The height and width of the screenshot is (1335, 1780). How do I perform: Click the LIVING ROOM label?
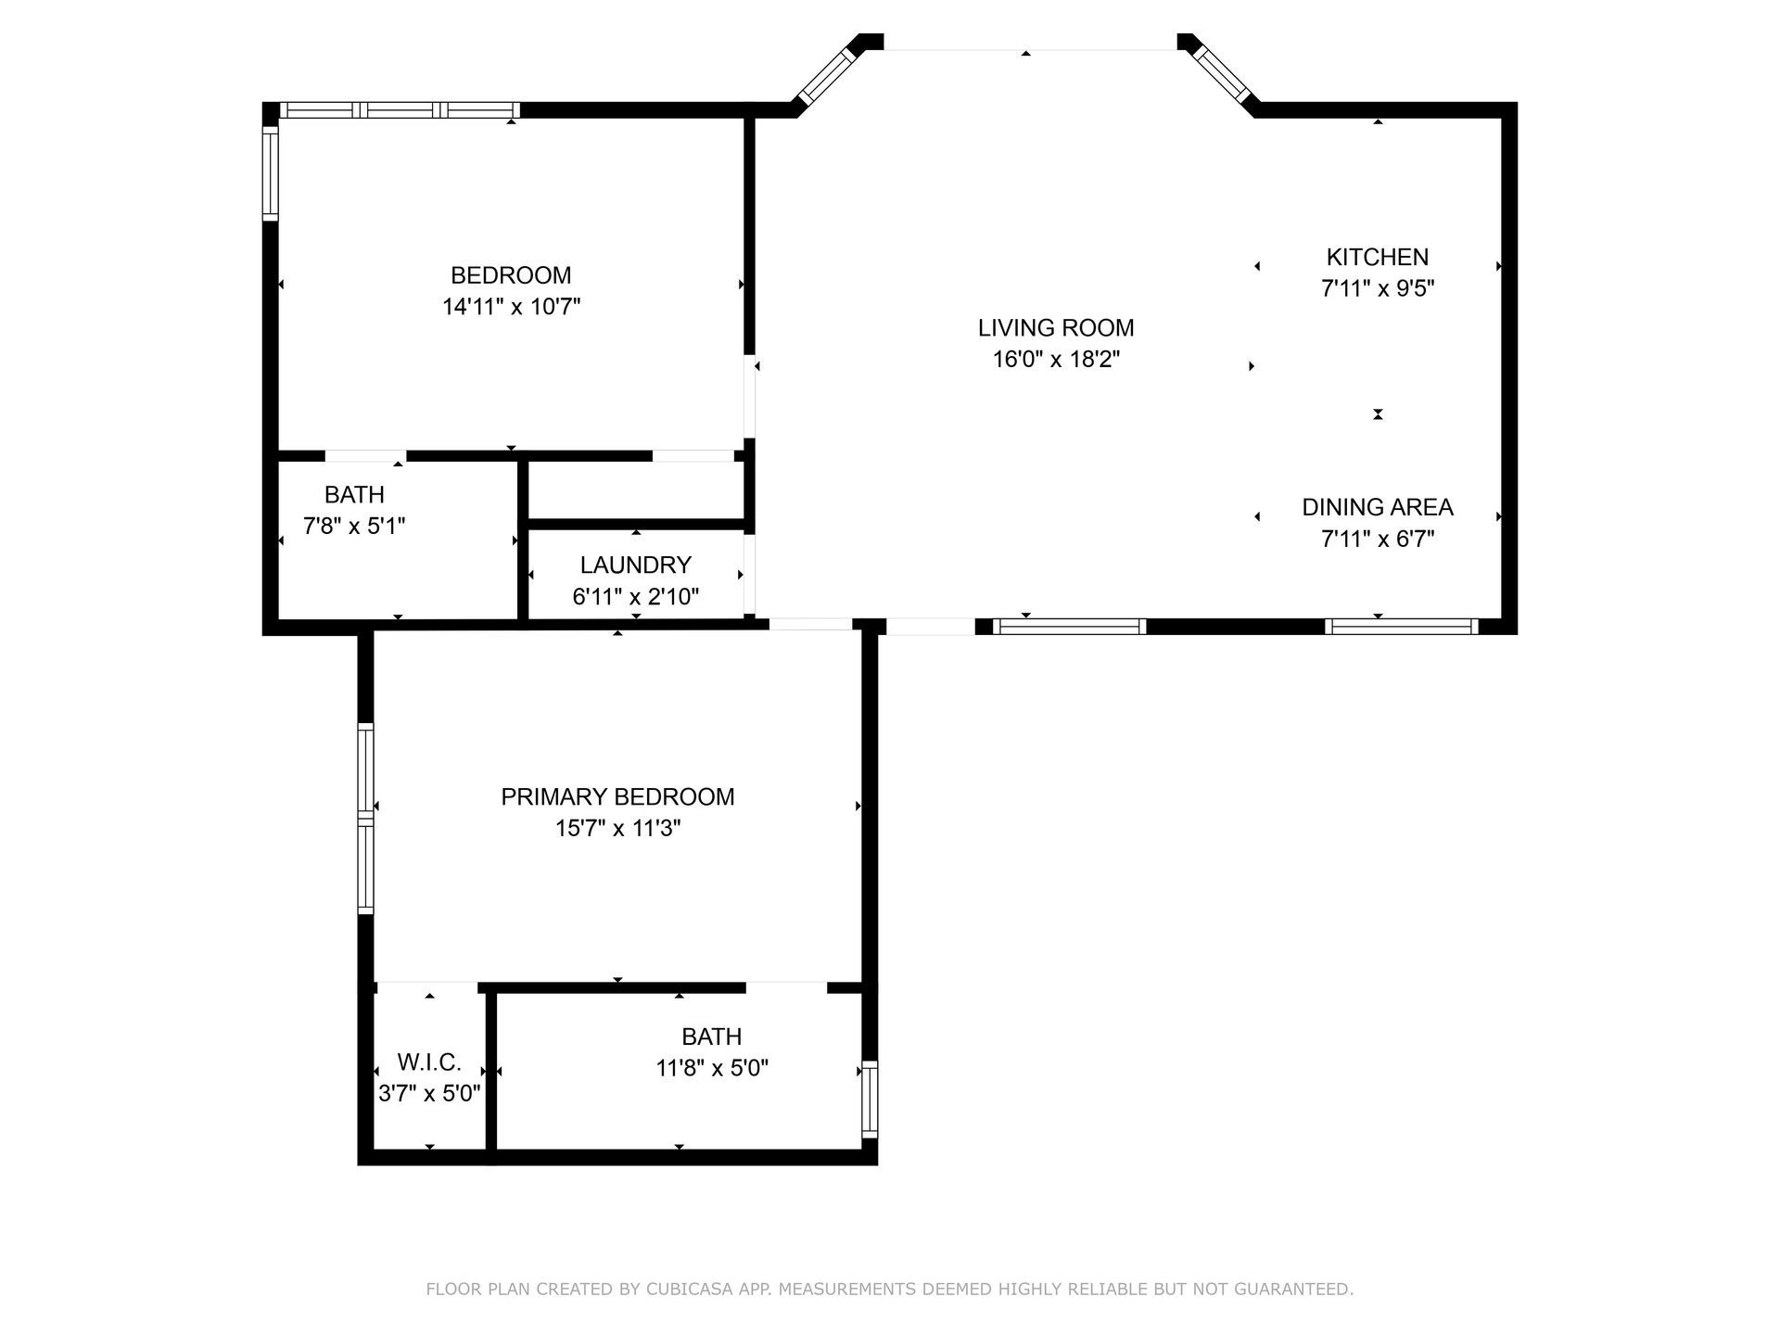pyautogui.click(x=1056, y=328)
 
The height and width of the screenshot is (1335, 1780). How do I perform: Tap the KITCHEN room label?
pyautogui.click(x=1378, y=257)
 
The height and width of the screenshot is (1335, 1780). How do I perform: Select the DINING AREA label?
pyautogui.click(x=1378, y=507)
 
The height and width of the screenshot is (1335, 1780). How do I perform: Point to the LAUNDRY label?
pyautogui.click(x=636, y=565)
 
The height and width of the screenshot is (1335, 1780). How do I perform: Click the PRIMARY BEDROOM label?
pyautogui.click(x=617, y=796)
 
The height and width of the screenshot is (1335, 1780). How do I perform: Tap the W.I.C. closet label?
pyautogui.click(x=429, y=1062)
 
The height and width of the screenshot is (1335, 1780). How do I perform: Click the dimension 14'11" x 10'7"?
pyautogui.click(x=511, y=307)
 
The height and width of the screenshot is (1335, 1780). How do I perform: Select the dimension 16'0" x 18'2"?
pyautogui.click(x=1056, y=360)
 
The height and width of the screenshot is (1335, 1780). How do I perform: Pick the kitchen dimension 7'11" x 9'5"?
pyautogui.click(x=1378, y=288)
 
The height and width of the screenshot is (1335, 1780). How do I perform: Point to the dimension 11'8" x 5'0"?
pyautogui.click(x=712, y=1068)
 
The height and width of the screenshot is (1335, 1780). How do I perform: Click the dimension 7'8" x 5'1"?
pyautogui.click(x=354, y=527)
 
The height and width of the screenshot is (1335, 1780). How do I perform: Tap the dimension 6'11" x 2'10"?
pyautogui.click(x=636, y=596)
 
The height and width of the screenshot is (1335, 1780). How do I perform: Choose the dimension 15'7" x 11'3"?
pyautogui.click(x=617, y=828)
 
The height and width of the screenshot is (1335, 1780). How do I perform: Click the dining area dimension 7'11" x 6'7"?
pyautogui.click(x=1378, y=539)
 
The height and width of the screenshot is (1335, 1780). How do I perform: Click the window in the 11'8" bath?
pyautogui.click(x=870, y=1100)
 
